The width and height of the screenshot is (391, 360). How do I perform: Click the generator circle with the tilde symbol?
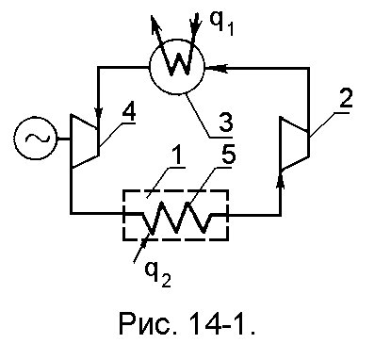pos(36,138)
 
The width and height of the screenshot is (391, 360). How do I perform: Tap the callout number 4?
pos(128,112)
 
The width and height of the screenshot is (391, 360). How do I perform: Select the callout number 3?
pos(226,122)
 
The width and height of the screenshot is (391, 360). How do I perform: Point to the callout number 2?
pos(345,98)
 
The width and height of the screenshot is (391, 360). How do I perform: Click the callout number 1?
pos(177,155)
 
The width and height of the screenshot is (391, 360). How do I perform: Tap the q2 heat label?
pos(157,273)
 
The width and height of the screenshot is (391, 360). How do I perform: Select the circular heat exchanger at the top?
pos(177,67)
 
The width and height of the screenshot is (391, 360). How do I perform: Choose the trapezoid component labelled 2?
pos(294,143)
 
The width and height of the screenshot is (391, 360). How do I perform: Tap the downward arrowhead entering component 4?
pos(99,112)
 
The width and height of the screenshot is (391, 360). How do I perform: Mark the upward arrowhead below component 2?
pos(281,182)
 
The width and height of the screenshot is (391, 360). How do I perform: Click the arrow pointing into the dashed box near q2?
pos(141,250)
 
